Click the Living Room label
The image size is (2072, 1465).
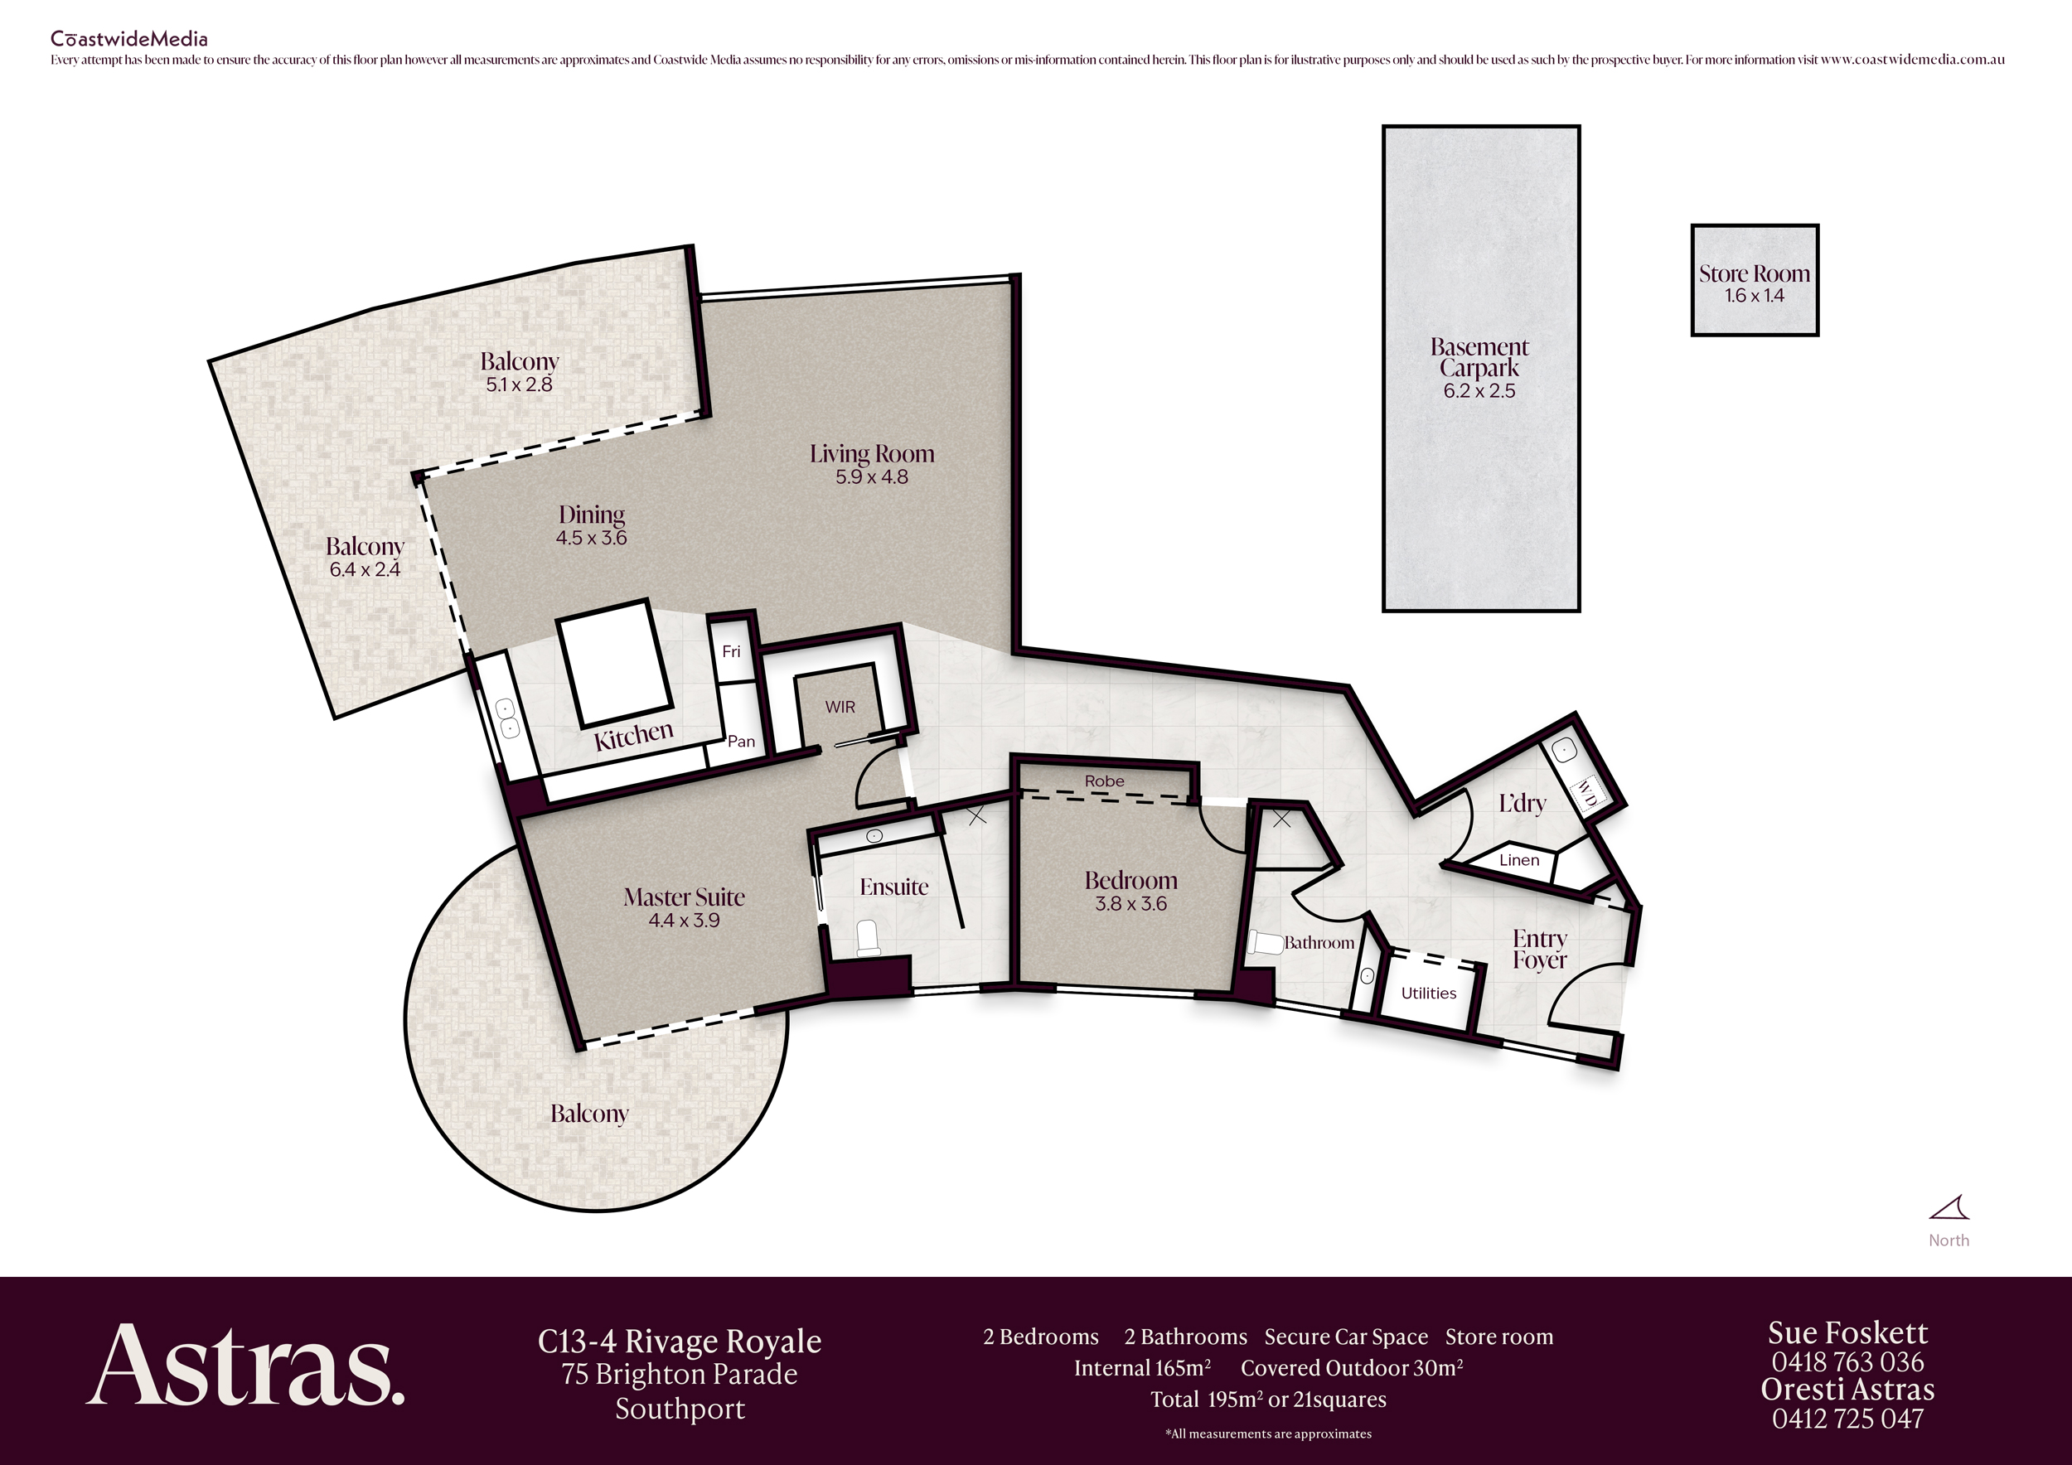click(x=871, y=454)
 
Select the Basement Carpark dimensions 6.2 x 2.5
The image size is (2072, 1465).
click(x=1479, y=390)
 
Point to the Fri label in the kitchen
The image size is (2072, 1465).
click(x=731, y=651)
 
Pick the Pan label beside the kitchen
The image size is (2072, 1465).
click(x=741, y=742)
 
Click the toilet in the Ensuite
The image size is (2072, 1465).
click(x=867, y=937)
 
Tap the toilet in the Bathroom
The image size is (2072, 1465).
click(x=1266, y=943)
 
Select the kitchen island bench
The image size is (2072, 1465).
click(x=616, y=664)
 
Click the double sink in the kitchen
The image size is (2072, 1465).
click(x=507, y=718)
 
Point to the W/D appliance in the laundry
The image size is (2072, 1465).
click(x=1585, y=795)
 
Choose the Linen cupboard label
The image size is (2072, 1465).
click(x=1519, y=861)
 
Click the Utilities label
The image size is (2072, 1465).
click(x=1429, y=994)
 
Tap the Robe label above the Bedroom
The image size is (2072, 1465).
click(x=1105, y=781)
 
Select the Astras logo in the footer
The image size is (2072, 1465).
click(x=245, y=1365)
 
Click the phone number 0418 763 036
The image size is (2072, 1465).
click(x=1847, y=1362)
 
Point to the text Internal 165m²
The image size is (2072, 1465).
click(x=1142, y=1367)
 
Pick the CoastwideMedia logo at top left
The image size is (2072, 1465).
click(x=129, y=39)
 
